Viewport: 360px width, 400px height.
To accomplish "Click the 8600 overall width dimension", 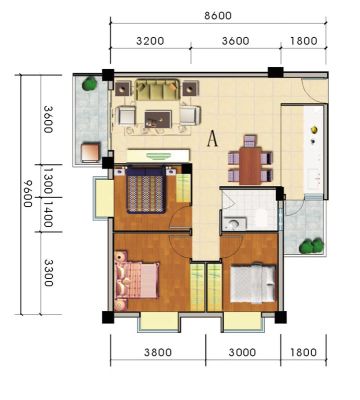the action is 218,15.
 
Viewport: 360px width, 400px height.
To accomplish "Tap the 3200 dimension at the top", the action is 150,41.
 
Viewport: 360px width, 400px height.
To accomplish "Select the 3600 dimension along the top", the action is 236,41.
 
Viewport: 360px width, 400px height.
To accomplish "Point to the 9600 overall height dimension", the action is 27,193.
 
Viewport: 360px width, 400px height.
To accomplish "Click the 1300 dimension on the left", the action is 47,181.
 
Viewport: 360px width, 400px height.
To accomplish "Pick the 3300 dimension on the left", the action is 48,273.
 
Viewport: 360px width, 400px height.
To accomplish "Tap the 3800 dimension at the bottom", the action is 158,352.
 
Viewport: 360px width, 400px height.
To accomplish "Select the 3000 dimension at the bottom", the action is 242,352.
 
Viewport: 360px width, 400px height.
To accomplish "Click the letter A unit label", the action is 212,139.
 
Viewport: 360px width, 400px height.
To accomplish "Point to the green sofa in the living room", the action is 158,90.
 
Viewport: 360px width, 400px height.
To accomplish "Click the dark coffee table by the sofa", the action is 158,119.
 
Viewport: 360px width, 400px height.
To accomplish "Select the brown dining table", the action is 250,165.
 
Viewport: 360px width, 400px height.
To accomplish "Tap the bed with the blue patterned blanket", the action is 146,190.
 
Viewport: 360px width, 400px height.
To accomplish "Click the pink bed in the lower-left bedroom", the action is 137,280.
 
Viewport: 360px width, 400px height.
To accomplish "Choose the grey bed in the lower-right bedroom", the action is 253,284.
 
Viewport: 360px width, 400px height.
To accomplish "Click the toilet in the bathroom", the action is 235,223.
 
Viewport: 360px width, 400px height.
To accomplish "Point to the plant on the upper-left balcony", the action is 90,84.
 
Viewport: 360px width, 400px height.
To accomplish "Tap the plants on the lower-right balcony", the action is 311,246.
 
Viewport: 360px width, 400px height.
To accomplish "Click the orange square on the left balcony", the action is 91,152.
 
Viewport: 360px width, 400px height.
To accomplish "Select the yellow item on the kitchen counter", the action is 314,129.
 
